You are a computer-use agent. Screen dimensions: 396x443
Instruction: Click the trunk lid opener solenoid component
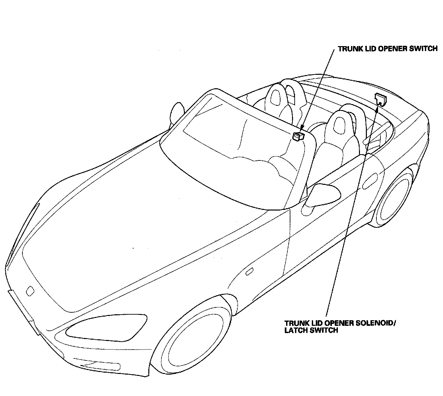(380, 98)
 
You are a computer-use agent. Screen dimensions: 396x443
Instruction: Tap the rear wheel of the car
(394, 200)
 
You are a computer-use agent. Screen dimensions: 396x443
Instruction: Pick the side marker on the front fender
(250, 272)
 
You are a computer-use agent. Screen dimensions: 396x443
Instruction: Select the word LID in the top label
(368, 49)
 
